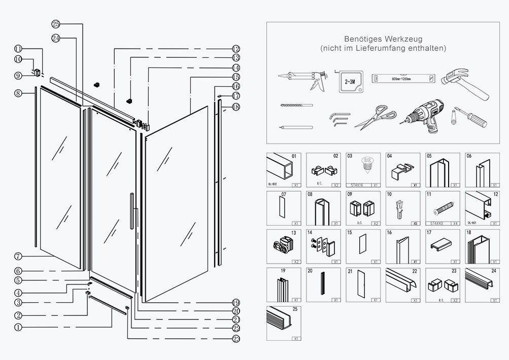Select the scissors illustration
(376, 117)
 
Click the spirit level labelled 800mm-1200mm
(403, 79)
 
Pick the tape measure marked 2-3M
(349, 80)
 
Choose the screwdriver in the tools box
(470, 117)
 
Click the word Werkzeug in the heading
(403, 39)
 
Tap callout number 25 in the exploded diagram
(56, 24)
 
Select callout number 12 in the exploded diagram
(236, 49)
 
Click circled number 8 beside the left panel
(18, 93)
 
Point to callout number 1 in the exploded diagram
(18, 327)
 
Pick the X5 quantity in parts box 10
(415, 223)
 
